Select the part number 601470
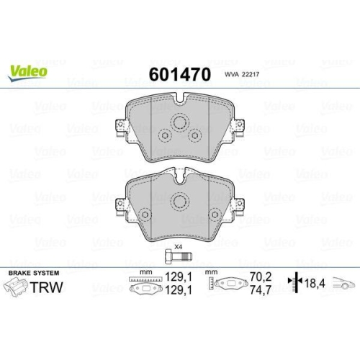tap(180, 74)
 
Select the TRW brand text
tap(45, 288)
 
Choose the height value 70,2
tap(258, 275)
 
